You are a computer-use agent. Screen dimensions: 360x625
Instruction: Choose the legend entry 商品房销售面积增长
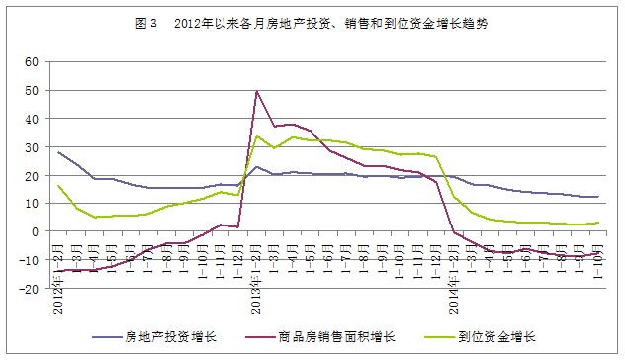coord(335,335)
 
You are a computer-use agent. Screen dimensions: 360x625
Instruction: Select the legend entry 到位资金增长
coord(495,335)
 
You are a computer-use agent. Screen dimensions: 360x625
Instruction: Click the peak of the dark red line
coord(257,91)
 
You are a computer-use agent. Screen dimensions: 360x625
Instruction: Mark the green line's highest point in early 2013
coord(257,135)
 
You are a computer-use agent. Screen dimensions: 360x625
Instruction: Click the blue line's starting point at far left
coord(58,152)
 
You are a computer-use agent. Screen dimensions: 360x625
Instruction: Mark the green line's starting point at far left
coord(58,185)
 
